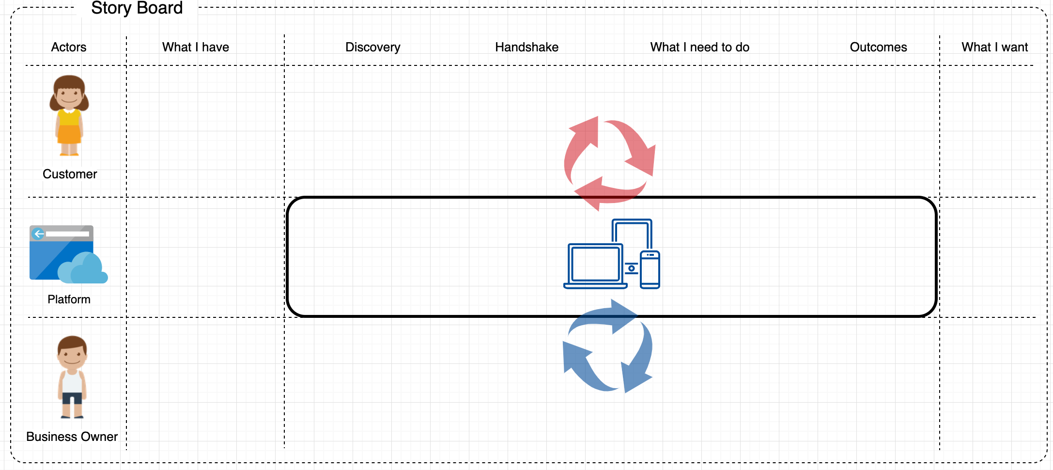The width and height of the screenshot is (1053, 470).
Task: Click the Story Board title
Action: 137,8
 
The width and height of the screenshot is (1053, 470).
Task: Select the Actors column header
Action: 69,47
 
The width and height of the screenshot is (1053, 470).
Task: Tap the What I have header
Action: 196,47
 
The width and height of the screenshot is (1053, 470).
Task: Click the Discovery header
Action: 373,47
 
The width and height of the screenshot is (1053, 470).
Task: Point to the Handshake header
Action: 526,47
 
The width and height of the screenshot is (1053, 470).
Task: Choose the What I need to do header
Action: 699,47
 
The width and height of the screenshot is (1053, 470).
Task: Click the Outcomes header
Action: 878,47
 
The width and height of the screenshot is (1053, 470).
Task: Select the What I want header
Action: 994,47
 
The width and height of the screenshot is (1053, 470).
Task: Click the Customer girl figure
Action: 69,115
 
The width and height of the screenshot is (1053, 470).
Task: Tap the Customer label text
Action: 70,174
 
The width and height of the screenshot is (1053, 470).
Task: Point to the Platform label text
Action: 69,299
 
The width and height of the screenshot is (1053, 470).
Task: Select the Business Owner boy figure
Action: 72,377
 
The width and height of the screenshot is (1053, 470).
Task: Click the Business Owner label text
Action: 72,437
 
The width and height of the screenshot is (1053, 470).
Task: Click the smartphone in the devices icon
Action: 650,270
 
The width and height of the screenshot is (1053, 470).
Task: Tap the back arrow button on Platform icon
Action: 38,234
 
